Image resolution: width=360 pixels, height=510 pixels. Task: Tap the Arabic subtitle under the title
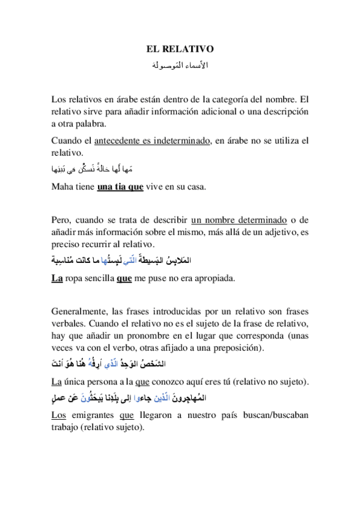pos(180,64)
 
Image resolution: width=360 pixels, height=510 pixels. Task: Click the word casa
pos(197,186)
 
